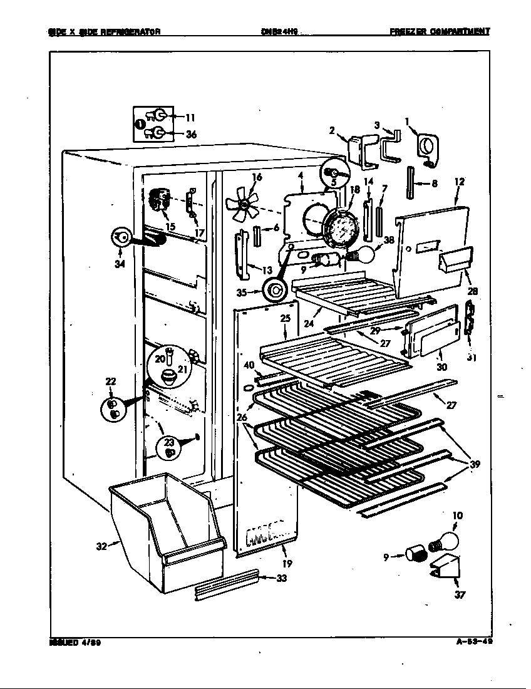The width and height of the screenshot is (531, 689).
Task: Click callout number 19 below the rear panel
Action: pyautogui.click(x=287, y=563)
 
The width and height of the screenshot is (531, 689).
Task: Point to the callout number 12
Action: pyautogui.click(x=460, y=182)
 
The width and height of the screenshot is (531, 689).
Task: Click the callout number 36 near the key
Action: pyautogui.click(x=191, y=133)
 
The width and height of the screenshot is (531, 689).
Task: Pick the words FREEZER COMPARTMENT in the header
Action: pyautogui.click(x=439, y=31)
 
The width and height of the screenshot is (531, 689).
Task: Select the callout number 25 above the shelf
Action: pyautogui.click(x=285, y=319)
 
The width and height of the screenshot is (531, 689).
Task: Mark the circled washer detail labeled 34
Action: pyautogui.click(x=120, y=237)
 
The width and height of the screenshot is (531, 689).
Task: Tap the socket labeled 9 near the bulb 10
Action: pyautogui.click(x=415, y=554)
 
